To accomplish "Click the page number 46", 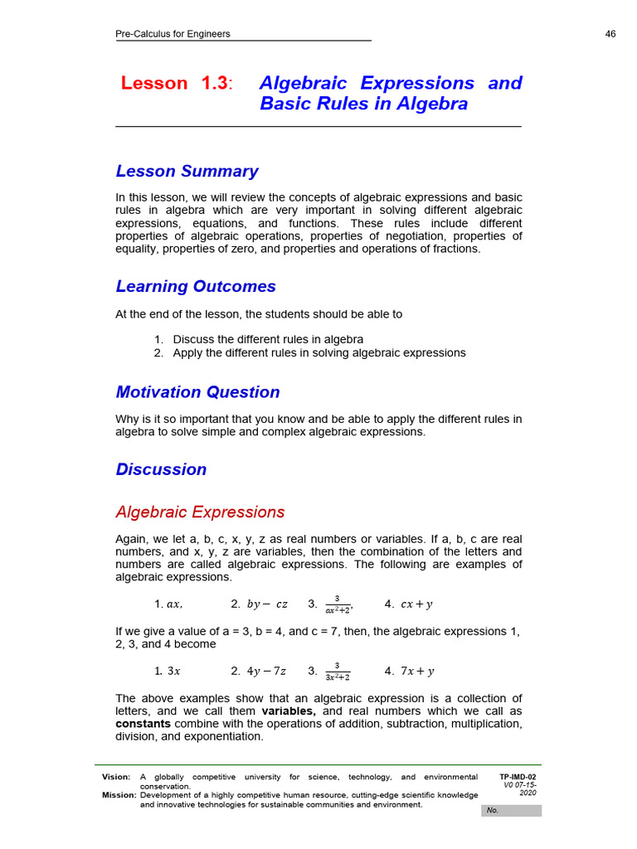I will coord(610,34).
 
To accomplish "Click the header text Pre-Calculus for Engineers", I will coord(173,34).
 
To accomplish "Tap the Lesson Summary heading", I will coord(187,171).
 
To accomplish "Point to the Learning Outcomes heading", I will coord(196,286).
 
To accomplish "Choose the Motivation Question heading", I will coord(197,391).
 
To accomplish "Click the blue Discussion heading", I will coord(161,469).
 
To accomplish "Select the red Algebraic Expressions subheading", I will coord(200,512).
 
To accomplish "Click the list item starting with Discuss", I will coord(267,339).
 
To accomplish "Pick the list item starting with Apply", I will coord(318,352).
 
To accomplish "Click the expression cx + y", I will coord(416,604).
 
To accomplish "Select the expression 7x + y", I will coord(417,672).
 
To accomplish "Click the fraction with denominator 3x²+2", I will coord(337,672).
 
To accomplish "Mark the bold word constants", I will coord(143,724).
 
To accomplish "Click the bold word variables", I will coord(289,711).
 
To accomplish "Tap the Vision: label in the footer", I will coord(116,777).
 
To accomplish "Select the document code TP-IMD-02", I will coord(518,777).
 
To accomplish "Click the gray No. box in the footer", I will coord(511,810).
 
